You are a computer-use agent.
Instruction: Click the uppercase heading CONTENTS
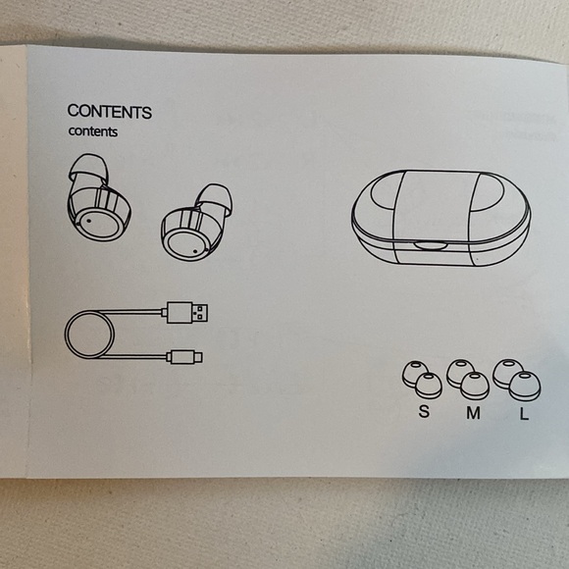click(x=110, y=112)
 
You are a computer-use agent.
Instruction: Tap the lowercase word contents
click(x=93, y=131)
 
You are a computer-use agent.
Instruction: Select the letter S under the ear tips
click(x=424, y=411)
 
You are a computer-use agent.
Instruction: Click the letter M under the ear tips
click(x=474, y=413)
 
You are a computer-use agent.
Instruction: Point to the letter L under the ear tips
click(x=524, y=413)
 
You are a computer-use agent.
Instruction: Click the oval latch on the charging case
click(x=431, y=245)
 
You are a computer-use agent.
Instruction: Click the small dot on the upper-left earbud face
click(x=89, y=221)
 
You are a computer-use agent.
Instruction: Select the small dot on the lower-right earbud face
click(x=195, y=250)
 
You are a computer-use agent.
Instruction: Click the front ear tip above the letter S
click(x=429, y=386)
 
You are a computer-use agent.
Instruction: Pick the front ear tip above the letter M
click(x=475, y=386)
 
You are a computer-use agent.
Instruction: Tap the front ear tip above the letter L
click(x=525, y=387)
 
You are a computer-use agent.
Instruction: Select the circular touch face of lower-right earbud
click(x=185, y=245)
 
